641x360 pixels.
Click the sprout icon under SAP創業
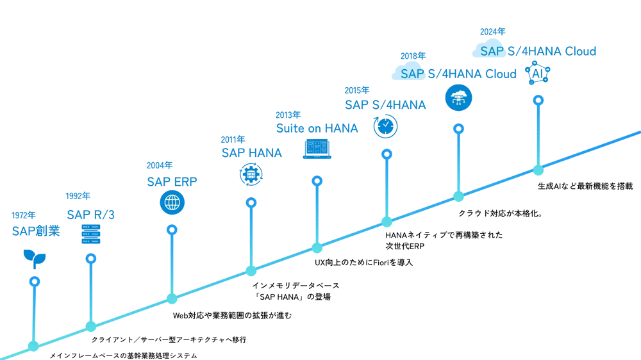tap(34, 258)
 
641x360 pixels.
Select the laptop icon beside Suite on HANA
tap(317, 149)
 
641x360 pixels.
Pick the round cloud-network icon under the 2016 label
tap(458, 97)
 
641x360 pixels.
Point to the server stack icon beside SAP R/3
tap(90, 233)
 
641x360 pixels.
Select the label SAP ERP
tap(171, 181)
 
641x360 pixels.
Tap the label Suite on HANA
tap(317, 128)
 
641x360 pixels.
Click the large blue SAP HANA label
tap(251, 153)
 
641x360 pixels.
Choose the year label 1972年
tap(24, 215)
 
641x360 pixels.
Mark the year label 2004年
tap(160, 165)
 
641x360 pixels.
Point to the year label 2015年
tap(356, 90)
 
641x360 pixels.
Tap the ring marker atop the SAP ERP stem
tap(171, 229)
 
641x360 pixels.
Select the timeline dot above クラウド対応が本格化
tap(458, 196)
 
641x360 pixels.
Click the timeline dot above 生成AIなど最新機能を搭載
tap(538, 170)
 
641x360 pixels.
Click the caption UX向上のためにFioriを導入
tap(363, 263)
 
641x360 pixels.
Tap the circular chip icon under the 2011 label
tap(251, 174)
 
